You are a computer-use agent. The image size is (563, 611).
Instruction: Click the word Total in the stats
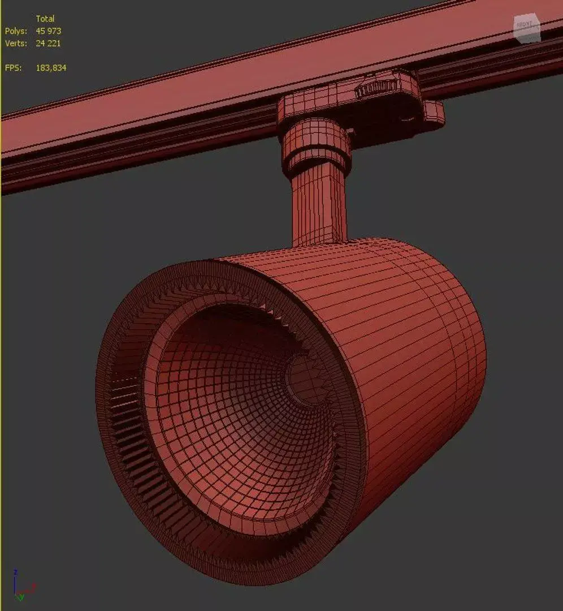point(45,19)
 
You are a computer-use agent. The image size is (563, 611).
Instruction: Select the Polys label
point(16,31)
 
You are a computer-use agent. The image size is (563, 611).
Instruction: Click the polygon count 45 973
point(49,31)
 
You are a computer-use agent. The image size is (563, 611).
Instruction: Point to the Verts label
point(16,44)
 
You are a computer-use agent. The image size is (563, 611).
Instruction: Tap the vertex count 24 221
point(49,44)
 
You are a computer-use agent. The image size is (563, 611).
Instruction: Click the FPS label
point(14,68)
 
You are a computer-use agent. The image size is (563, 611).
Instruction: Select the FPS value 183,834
point(51,68)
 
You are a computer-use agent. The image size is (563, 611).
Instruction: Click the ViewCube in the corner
point(527,28)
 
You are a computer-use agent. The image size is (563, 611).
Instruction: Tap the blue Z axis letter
point(16,572)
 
